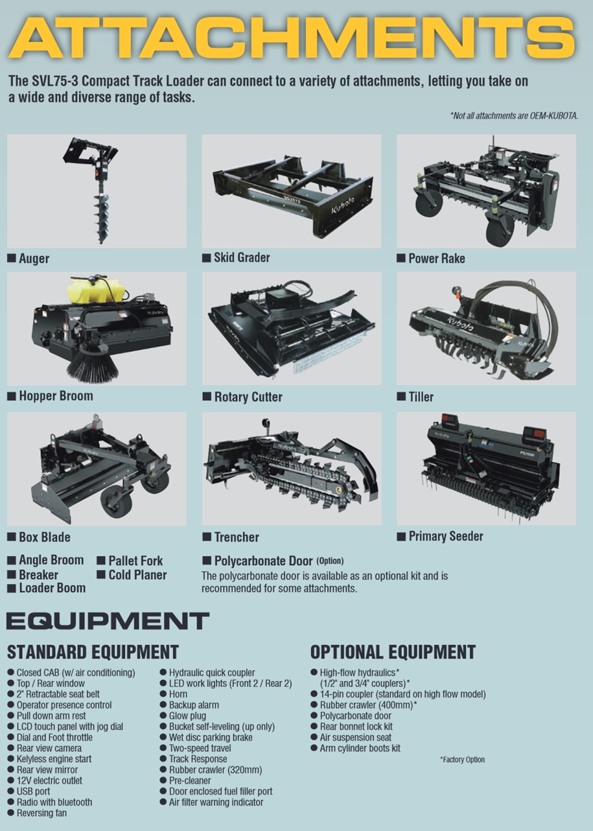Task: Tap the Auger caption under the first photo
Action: pos(34,258)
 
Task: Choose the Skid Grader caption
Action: pos(242,257)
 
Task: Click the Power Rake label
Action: pos(437,258)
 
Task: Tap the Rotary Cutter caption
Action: pos(248,397)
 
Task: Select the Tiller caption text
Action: pos(421,397)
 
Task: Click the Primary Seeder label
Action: pos(446,535)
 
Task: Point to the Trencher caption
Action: pos(237,537)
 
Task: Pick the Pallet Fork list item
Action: pos(135,560)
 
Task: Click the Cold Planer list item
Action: pos(137,575)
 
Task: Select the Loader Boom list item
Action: pos(52,588)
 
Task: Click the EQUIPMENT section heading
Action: pos(108,621)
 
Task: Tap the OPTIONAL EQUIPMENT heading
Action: pos(393,652)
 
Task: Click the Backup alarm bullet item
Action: pos(194,705)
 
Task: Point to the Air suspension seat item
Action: pos(356,737)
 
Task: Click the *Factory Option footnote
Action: pos(463,760)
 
